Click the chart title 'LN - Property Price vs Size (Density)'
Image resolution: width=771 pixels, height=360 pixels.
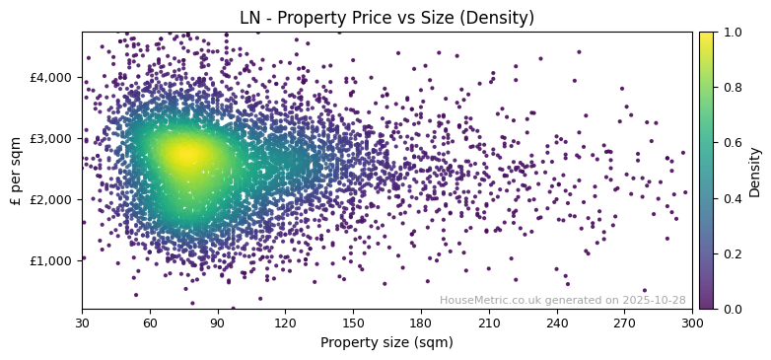[386, 18]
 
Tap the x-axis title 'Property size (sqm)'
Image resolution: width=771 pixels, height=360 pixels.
[386, 343]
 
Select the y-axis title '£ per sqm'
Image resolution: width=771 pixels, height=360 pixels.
[16, 171]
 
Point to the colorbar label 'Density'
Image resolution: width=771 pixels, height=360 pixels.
[755, 171]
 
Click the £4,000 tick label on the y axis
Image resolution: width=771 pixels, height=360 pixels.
[51, 77]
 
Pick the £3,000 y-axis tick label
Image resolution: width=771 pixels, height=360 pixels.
[51, 138]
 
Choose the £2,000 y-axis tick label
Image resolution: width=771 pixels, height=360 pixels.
[51, 199]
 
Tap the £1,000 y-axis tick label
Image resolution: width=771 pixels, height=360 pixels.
[51, 260]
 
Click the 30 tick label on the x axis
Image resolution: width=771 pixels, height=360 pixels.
[82, 323]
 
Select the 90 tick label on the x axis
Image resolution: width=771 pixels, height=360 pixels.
[218, 323]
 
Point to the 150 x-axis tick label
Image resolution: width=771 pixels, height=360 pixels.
[353, 323]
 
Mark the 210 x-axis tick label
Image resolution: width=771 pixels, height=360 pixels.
[489, 323]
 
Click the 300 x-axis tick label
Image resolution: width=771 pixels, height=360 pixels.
[692, 323]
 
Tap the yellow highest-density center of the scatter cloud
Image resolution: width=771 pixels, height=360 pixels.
[183, 154]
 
